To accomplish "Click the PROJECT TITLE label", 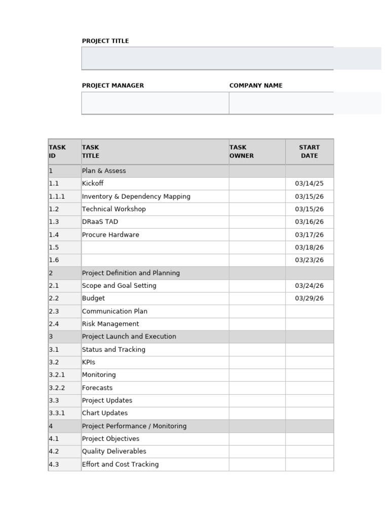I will (105, 41).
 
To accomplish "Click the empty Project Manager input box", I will (155, 103).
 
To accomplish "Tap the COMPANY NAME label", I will (256, 86).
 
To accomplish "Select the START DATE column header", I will (309, 152).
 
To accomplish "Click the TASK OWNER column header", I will (242, 152).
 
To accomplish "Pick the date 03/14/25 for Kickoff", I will (309, 183).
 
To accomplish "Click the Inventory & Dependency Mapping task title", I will (136, 197).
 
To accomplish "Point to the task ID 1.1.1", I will (57, 197).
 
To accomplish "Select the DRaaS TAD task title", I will (100, 222).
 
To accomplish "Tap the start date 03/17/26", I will (309, 235).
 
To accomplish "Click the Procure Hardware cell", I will (110, 235).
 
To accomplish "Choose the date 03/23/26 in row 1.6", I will (309, 260).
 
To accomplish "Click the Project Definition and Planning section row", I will (131, 273).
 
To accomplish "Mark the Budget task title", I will (93, 299).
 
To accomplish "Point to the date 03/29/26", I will (309, 299).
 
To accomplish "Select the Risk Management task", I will (110, 324).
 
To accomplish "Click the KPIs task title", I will (89, 362).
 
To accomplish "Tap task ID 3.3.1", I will (57, 413).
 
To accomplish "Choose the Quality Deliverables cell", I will (114, 452).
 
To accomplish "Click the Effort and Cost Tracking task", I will (120, 464).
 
